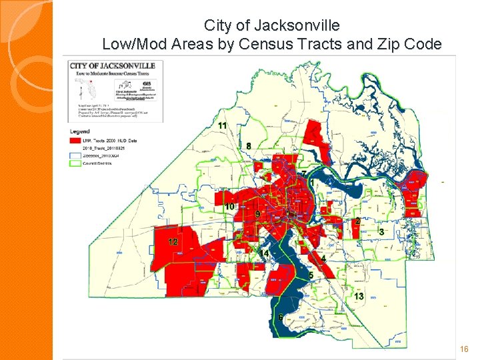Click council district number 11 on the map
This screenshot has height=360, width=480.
point(222,126)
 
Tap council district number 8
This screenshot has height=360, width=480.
point(249,146)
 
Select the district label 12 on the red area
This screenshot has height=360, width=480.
point(173,241)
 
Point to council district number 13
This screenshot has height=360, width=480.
point(359,295)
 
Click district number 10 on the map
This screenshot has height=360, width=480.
point(229,207)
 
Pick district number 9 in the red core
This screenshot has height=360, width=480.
point(257,213)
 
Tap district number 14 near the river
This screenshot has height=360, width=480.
point(265,254)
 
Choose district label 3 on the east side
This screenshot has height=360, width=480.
point(381,231)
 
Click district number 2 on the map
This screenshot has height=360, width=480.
point(357,221)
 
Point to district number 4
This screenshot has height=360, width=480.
point(323,258)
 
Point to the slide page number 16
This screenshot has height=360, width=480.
point(465,349)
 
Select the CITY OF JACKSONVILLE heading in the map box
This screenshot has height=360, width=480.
point(113,65)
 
